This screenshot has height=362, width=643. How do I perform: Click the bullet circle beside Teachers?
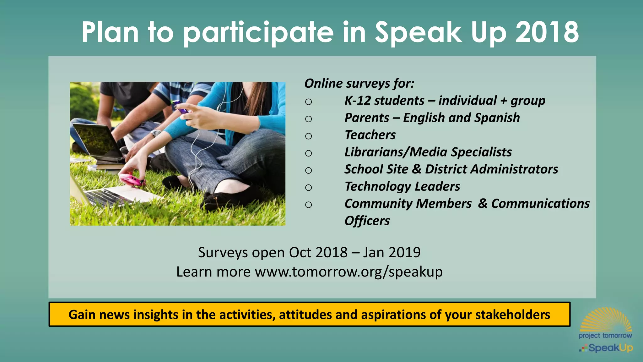click(x=309, y=136)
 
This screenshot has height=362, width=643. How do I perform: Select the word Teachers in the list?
click(x=370, y=135)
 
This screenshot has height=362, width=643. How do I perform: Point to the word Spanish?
click(x=497, y=118)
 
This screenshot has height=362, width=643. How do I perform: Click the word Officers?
click(x=367, y=221)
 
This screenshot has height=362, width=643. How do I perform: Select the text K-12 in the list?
click(x=358, y=101)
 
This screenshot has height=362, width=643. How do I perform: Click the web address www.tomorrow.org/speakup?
click(x=349, y=272)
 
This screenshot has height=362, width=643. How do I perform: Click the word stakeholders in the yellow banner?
click(x=512, y=315)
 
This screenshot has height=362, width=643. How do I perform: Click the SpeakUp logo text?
click(x=610, y=348)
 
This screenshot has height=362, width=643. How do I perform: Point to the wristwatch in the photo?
click(x=155, y=133)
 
